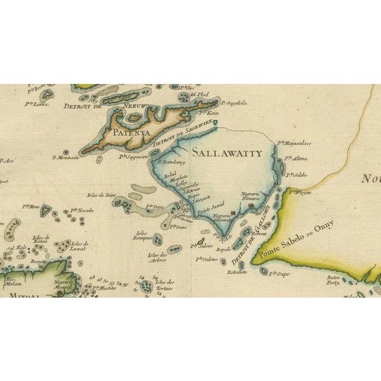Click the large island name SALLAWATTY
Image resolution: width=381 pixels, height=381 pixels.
226,153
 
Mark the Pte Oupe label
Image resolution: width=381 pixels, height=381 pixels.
279,274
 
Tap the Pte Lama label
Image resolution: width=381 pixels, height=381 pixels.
36,104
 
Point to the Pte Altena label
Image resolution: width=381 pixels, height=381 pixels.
295,158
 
